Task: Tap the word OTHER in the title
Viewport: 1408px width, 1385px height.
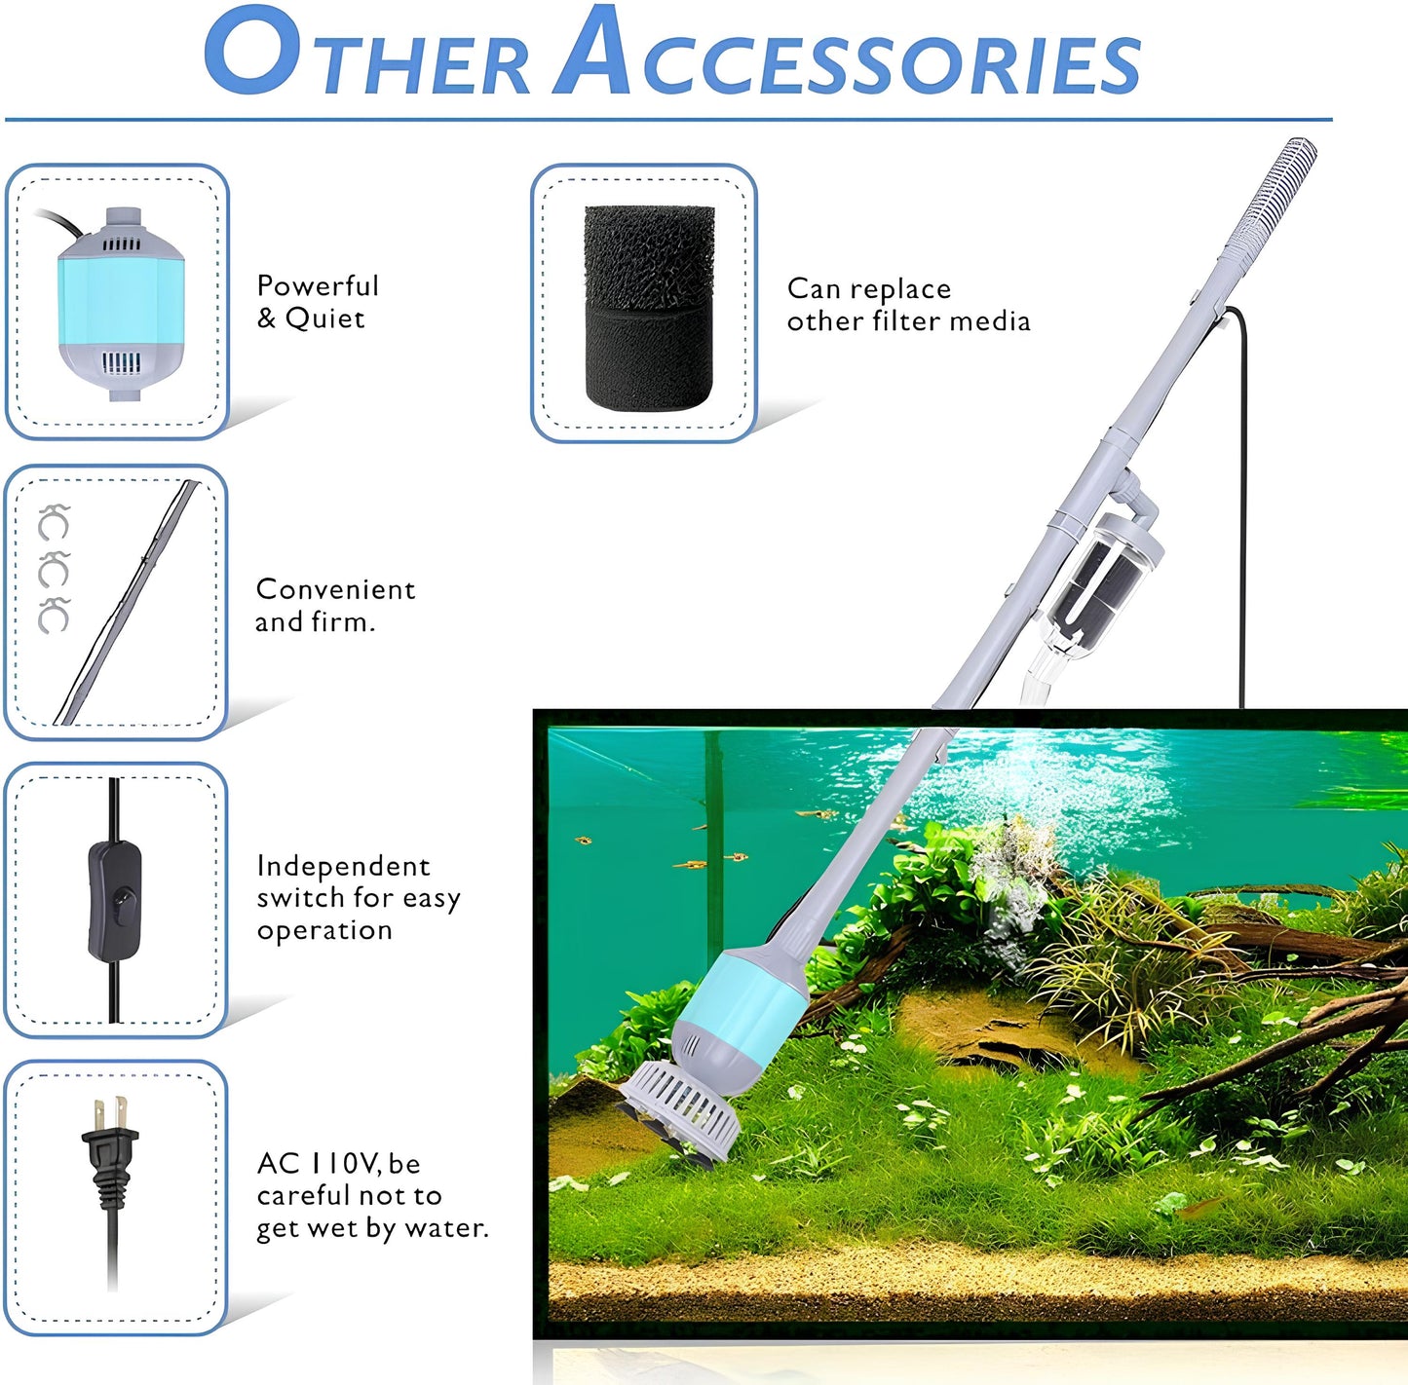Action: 365,56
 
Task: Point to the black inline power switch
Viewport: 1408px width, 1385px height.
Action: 115,902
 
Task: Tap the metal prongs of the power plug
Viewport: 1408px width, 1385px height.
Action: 108,1111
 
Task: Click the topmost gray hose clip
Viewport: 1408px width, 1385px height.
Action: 53,523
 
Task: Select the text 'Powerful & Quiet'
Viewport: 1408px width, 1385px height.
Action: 317,302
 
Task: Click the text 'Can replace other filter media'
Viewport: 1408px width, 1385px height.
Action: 907,305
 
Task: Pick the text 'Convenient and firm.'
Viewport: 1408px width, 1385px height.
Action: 334,605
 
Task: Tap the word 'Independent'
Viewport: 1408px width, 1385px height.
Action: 343,866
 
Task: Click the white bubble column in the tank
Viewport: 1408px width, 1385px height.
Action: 1013,877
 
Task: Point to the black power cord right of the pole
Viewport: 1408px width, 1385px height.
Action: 1241,506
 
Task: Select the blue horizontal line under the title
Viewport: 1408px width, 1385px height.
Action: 667,120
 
